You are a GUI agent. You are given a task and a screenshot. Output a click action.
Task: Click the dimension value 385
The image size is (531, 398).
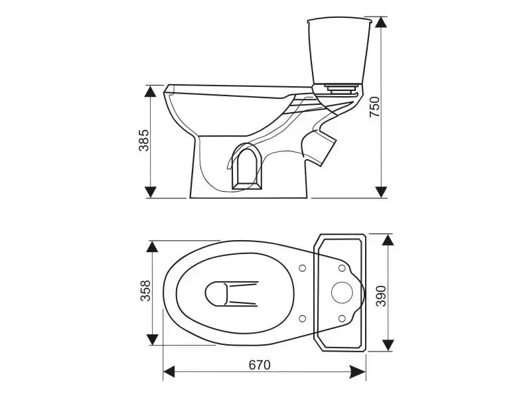143,140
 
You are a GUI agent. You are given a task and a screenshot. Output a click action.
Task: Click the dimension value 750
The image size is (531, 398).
374,107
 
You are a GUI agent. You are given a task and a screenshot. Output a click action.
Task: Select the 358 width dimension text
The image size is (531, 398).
145,291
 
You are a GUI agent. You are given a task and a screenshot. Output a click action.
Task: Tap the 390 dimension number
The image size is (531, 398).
381,296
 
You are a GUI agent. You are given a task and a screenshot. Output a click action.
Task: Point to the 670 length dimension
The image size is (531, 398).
260,365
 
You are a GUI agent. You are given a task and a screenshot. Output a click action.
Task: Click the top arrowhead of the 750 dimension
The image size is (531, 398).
381,23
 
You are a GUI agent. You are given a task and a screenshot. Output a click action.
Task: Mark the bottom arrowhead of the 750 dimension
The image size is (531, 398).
381,192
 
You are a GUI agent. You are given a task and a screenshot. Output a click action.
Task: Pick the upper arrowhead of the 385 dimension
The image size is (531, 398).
151,91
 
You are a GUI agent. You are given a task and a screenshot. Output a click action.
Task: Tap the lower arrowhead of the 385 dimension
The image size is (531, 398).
151,192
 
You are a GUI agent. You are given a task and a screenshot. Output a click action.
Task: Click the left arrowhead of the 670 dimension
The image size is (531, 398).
169,371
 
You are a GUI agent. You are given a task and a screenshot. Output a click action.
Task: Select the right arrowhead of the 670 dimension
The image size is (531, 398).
359,371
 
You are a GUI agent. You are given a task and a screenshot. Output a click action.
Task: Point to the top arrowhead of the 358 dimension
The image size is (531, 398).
153,246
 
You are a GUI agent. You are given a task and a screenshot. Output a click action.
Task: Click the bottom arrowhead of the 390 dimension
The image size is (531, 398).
388,345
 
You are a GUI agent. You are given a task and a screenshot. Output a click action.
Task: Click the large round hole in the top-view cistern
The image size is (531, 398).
342,293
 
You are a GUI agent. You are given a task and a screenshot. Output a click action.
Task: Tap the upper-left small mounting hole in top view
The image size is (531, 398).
303,268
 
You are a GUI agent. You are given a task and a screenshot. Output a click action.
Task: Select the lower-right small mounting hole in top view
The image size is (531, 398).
342,318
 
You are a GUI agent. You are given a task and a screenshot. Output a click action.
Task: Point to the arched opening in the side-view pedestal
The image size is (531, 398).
247,167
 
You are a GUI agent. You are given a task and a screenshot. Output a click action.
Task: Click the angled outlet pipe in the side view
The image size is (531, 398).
319,147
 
